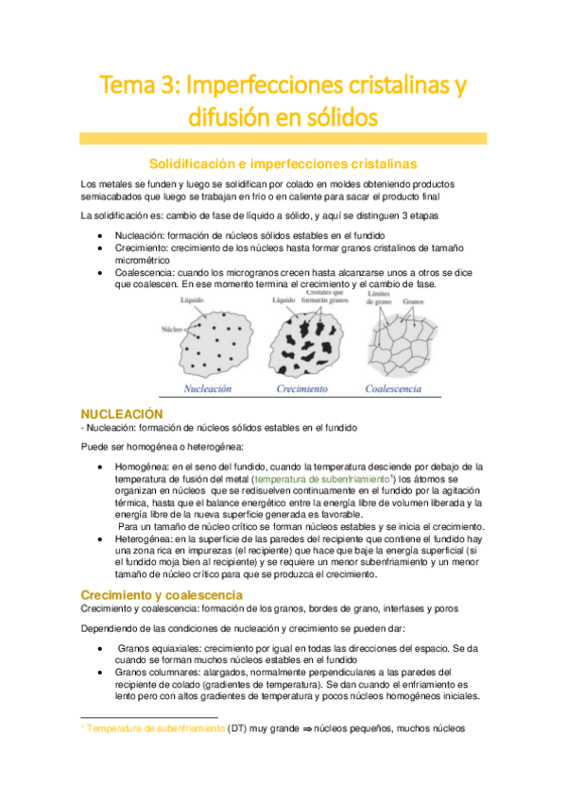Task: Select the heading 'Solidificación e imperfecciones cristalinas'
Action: (283, 163)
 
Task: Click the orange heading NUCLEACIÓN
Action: (122, 414)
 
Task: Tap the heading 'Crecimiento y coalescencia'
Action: (162, 594)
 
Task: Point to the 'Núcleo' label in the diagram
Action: (171, 331)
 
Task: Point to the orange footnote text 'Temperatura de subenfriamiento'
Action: (156, 728)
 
